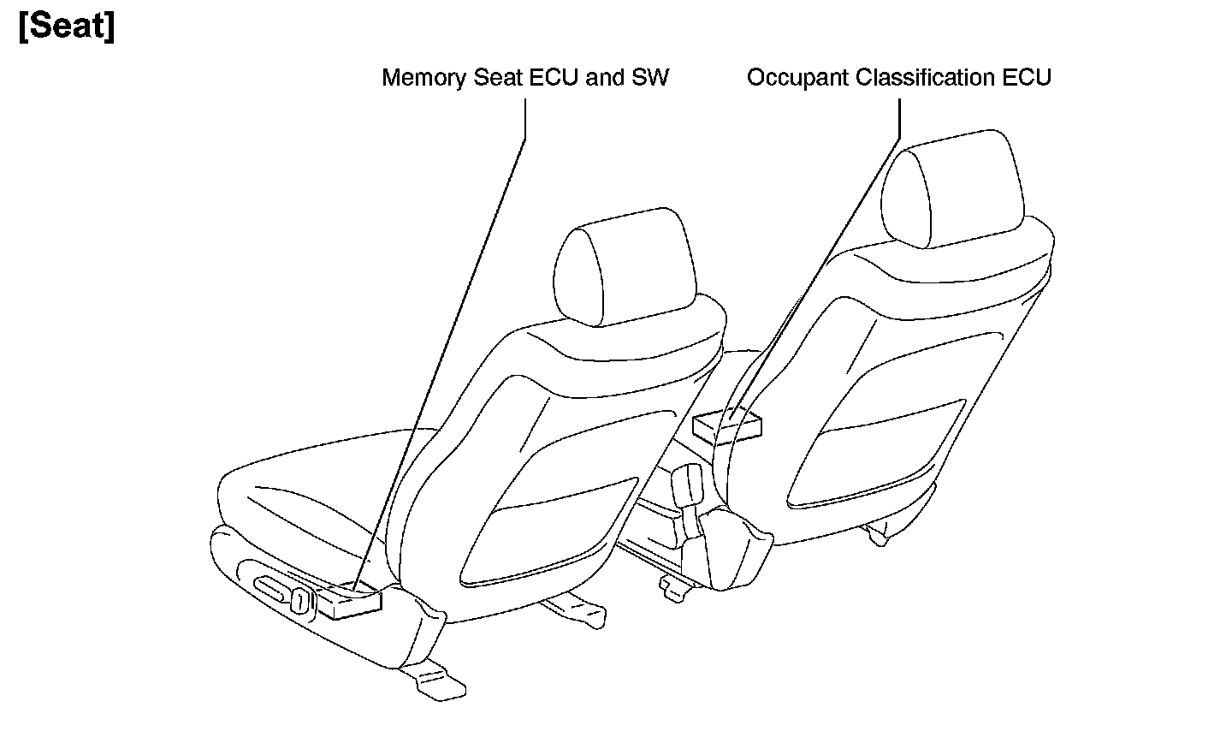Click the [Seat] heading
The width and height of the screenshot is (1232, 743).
[x=66, y=27]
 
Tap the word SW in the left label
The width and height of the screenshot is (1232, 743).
[x=650, y=78]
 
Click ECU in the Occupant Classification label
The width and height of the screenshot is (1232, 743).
[x=1026, y=78]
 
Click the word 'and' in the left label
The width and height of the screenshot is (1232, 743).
[x=605, y=78]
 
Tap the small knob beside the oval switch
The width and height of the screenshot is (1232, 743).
[x=300, y=600]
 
